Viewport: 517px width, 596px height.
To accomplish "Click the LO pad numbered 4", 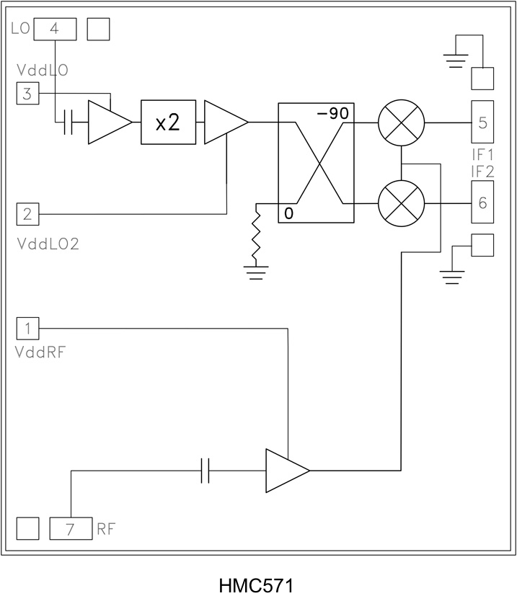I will pyautogui.click(x=55, y=29).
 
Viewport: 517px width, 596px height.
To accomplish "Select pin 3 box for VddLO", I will pyautogui.click(x=27, y=94).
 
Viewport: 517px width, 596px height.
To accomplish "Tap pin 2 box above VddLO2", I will pyautogui.click(x=27, y=214).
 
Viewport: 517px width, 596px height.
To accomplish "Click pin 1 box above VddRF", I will pyautogui.click(x=27, y=329).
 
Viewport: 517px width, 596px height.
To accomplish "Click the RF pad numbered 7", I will pyautogui.click(x=71, y=529).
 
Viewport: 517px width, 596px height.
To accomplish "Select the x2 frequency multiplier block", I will pyautogui.click(x=168, y=123).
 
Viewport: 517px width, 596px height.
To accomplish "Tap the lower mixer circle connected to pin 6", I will pyautogui.click(x=401, y=204).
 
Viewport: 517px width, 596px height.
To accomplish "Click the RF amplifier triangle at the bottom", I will pyautogui.click(x=286, y=471).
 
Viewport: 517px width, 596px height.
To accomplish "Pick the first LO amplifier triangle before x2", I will pyautogui.click(x=108, y=123).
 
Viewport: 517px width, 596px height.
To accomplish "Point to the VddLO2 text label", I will pyautogui.click(x=48, y=243).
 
